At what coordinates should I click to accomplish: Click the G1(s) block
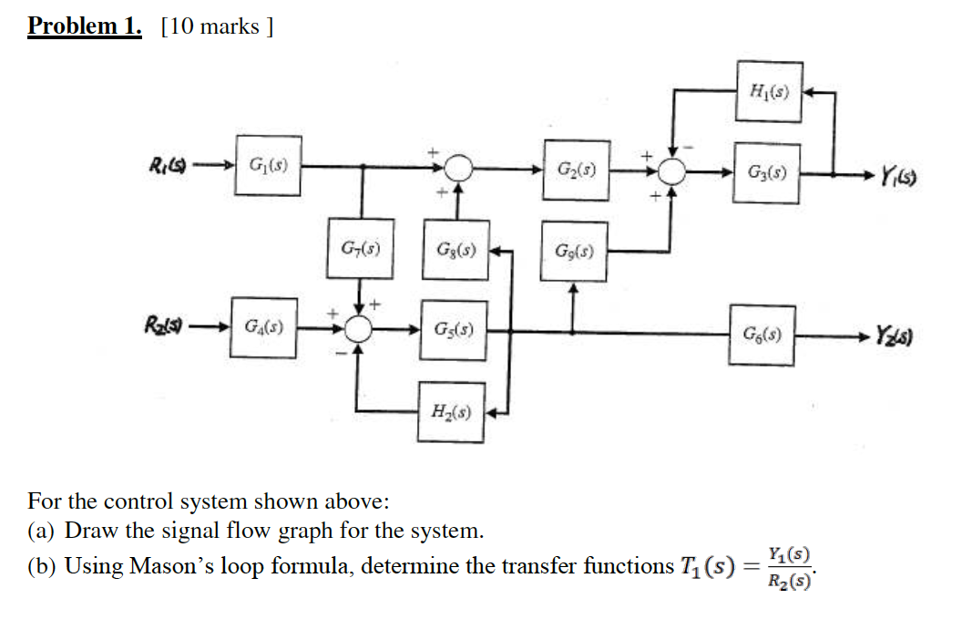click(x=267, y=165)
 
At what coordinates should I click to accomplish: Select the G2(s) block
click(x=576, y=170)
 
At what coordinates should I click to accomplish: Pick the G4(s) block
click(x=263, y=326)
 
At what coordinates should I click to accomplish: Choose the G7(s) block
click(x=361, y=248)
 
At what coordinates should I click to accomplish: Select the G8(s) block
click(x=455, y=249)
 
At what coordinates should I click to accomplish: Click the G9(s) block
click(x=574, y=251)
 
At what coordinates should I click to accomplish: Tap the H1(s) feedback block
click(x=770, y=92)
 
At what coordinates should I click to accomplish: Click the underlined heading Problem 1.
click(x=85, y=26)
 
